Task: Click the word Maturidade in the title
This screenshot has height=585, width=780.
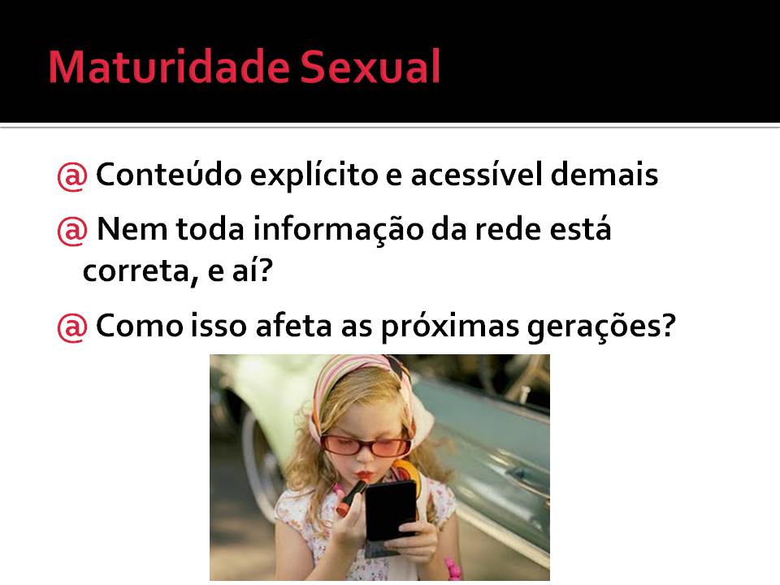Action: (x=169, y=67)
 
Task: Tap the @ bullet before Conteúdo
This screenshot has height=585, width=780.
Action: (x=72, y=175)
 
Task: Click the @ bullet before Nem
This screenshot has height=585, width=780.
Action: (x=72, y=230)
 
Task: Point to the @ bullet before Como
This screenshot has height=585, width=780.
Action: (x=72, y=327)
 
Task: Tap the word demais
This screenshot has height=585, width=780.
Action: (x=604, y=175)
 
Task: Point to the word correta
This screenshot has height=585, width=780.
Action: (x=136, y=271)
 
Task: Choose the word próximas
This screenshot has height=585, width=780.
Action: (x=449, y=327)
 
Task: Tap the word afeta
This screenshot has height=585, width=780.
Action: (x=293, y=326)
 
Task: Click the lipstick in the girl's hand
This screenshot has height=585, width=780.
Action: (x=352, y=496)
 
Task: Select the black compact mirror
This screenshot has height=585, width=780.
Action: (x=391, y=511)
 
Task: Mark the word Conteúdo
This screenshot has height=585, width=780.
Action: (x=169, y=175)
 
